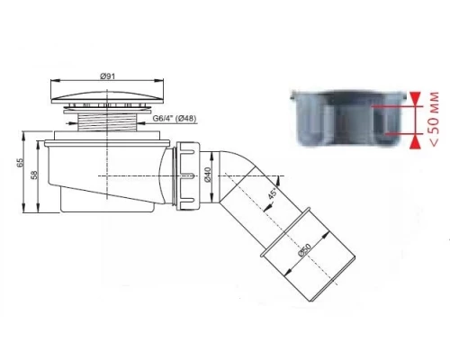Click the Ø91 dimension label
[x=107, y=76]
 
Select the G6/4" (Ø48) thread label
[x=175, y=119]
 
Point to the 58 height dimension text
[x=34, y=175]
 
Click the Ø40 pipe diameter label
[x=207, y=175]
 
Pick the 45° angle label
[x=272, y=193]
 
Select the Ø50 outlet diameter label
[x=304, y=250]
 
